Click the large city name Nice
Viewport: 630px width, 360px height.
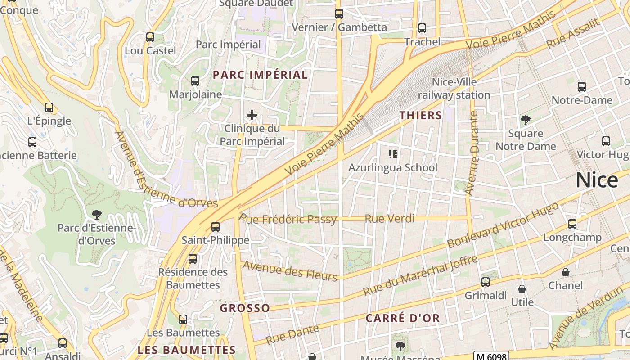pos(597,180)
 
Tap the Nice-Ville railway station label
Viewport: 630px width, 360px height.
pos(454,89)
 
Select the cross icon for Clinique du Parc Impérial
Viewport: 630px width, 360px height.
pos(252,115)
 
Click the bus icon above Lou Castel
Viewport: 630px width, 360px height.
pos(150,37)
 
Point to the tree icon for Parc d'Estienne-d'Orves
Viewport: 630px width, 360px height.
pos(96,214)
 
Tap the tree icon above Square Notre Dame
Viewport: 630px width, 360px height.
pos(525,120)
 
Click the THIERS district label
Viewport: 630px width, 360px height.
pos(421,116)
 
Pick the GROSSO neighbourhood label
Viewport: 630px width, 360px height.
pos(245,308)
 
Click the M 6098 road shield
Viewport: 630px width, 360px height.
pos(492,356)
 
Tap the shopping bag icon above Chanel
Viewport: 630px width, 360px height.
pos(566,272)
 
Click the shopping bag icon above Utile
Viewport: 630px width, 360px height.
pos(522,289)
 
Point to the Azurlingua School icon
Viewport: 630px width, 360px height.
pos(393,154)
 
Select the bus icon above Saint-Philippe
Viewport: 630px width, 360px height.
pos(216,227)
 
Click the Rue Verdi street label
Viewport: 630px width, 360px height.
pos(389,219)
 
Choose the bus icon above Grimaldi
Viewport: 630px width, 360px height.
pos(485,282)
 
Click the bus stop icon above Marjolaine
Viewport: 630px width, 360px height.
pos(195,81)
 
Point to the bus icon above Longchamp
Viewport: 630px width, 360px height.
pos(572,224)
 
